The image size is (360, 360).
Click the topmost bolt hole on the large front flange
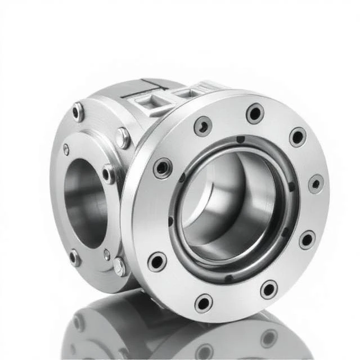[x=255, y=114]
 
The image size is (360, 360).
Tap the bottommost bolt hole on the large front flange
[x=204, y=303]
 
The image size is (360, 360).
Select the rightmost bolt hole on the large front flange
[x=316, y=184]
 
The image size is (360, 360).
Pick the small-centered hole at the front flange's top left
[x=202, y=125]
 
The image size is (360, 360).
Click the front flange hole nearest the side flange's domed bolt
[x=163, y=168]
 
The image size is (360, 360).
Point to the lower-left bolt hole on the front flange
[x=156, y=262]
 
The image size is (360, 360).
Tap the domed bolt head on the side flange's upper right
[x=123, y=138]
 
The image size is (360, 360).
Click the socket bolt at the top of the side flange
[x=78, y=111]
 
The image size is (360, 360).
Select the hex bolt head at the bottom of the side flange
[x=119, y=266]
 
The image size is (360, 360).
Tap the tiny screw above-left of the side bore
[x=66, y=150]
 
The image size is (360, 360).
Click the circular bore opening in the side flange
[x=84, y=195]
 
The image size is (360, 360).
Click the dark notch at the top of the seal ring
[x=240, y=139]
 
